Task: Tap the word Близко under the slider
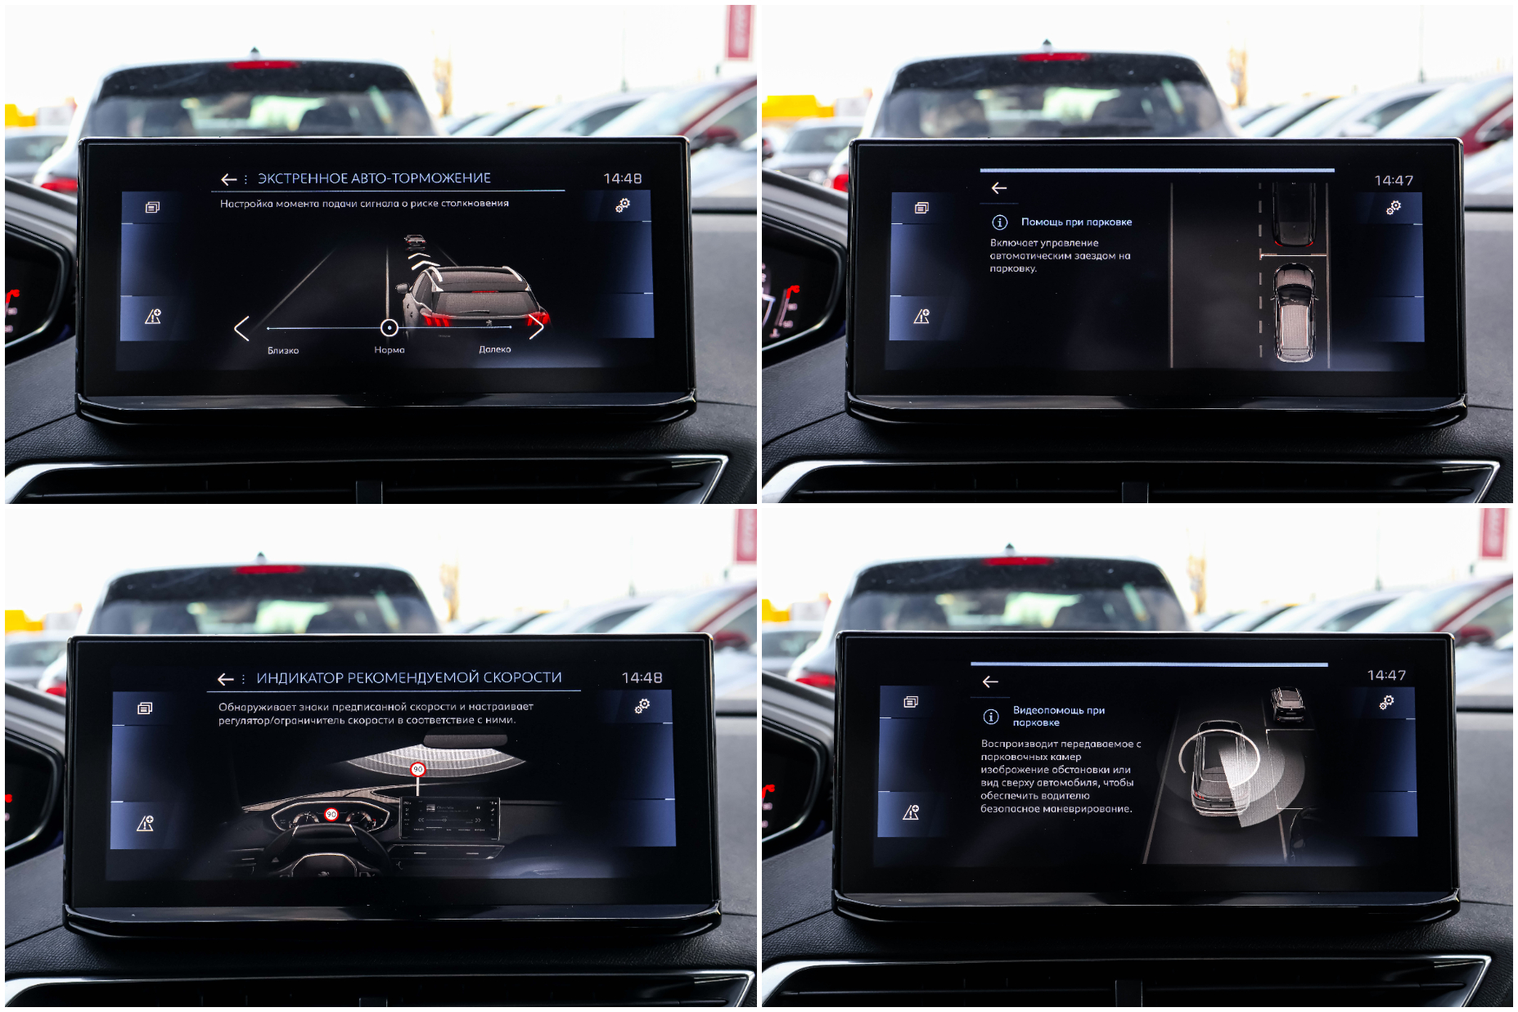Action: pyautogui.click(x=283, y=350)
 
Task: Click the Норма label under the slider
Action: pyautogui.click(x=390, y=349)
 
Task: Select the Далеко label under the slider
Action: pyautogui.click(x=495, y=349)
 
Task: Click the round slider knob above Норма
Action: pyautogui.click(x=390, y=328)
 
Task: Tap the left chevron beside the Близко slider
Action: pyautogui.click(x=241, y=328)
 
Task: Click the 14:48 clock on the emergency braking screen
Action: pyautogui.click(x=623, y=178)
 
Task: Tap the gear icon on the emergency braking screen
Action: pyautogui.click(x=623, y=205)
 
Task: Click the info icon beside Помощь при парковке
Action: pyautogui.click(x=999, y=223)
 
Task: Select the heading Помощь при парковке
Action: pyautogui.click(x=1077, y=222)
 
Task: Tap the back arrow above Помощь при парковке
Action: pyautogui.click(x=999, y=188)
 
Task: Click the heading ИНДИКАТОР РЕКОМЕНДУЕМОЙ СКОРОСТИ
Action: pyautogui.click(x=409, y=678)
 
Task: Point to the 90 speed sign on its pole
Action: pyautogui.click(x=418, y=769)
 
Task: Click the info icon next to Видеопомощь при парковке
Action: pyautogui.click(x=991, y=717)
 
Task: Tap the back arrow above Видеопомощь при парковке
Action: pyautogui.click(x=990, y=681)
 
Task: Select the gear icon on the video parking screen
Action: pyautogui.click(x=1386, y=702)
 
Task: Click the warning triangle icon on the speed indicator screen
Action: pyautogui.click(x=145, y=823)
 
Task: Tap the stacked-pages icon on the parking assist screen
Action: pyautogui.click(x=922, y=208)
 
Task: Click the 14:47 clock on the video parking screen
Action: pyautogui.click(x=1387, y=675)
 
